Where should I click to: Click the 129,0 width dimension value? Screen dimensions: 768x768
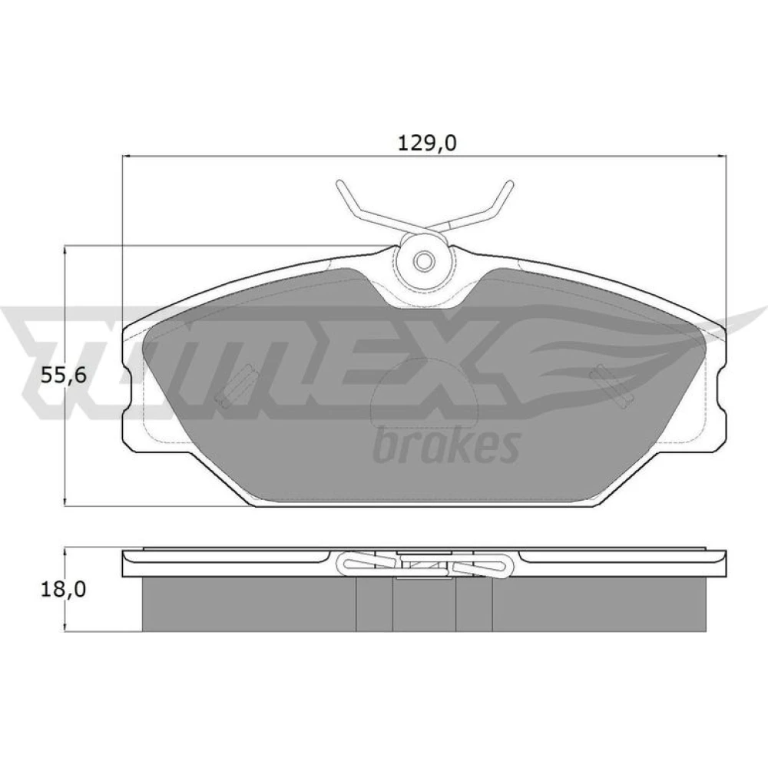[426, 143]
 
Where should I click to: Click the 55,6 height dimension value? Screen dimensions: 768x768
[63, 376]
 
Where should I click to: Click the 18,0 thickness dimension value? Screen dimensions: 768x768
[63, 589]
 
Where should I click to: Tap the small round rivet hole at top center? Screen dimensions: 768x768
[424, 260]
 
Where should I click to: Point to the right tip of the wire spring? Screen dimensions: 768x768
[511, 184]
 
